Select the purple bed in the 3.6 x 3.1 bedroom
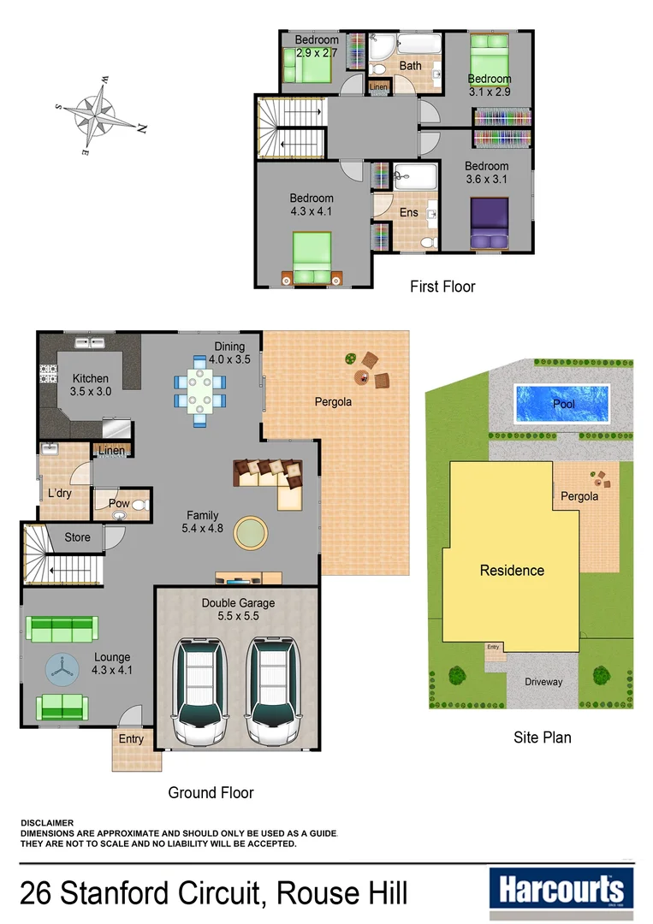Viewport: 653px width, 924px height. [x=489, y=225]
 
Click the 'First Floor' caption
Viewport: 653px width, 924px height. [x=442, y=287]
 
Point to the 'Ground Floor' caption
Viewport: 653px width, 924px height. [x=211, y=793]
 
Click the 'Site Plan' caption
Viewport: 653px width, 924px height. [x=542, y=737]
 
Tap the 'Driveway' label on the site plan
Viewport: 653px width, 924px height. [x=543, y=682]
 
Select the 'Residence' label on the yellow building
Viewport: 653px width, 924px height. [x=511, y=571]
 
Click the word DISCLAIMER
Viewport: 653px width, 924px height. [x=47, y=823]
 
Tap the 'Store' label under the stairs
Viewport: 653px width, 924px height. [x=78, y=537]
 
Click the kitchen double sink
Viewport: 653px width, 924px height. [x=89, y=343]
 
